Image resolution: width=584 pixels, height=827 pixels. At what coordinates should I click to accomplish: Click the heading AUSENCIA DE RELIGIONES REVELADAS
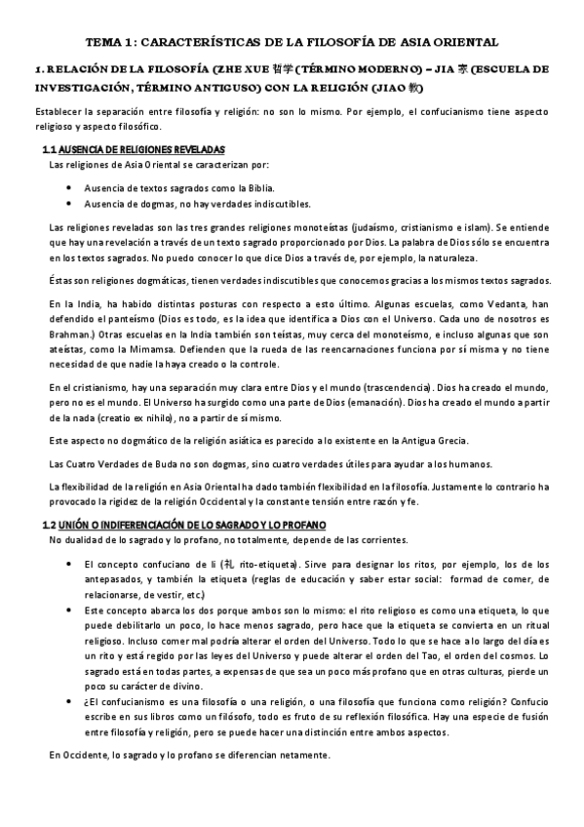(142, 149)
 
